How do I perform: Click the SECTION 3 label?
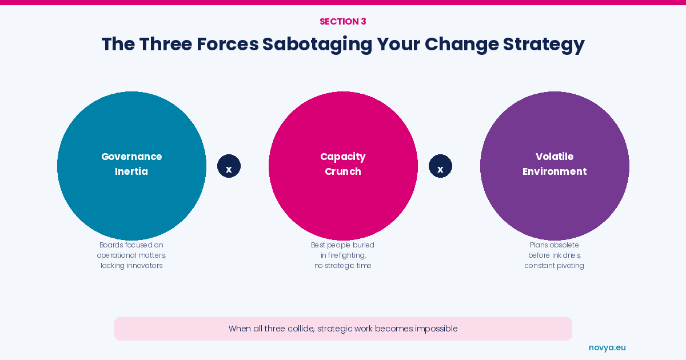[x=342, y=22]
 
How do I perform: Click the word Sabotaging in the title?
[x=317, y=45]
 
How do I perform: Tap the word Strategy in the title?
[x=544, y=45]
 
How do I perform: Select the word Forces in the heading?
[x=228, y=44]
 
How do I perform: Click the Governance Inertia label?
[x=131, y=164]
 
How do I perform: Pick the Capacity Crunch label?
[x=343, y=164]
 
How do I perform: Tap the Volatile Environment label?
[x=555, y=164]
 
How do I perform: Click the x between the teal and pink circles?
[x=229, y=169]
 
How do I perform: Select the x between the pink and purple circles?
[x=440, y=169]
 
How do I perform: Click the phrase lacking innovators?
[x=131, y=265]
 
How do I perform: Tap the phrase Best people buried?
[x=342, y=245]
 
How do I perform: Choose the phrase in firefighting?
[x=344, y=255]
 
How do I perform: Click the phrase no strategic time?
[x=343, y=265]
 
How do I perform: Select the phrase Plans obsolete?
[x=555, y=245]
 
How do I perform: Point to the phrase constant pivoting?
[x=555, y=265]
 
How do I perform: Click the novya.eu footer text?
[x=607, y=348]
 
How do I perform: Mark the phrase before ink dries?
[x=555, y=255]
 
